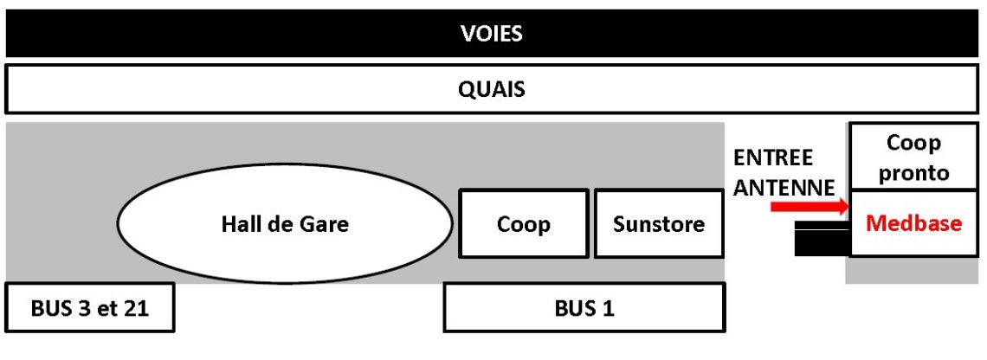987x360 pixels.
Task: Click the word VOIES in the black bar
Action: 491,34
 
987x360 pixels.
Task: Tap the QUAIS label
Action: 491,89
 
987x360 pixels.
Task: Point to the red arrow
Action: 810,207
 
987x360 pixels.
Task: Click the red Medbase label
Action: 914,223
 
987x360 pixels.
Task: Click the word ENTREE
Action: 773,157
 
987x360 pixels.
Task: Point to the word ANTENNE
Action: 784,187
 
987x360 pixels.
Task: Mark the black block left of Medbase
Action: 822,239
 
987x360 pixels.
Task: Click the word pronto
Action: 913,172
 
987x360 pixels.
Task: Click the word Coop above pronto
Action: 913,144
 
